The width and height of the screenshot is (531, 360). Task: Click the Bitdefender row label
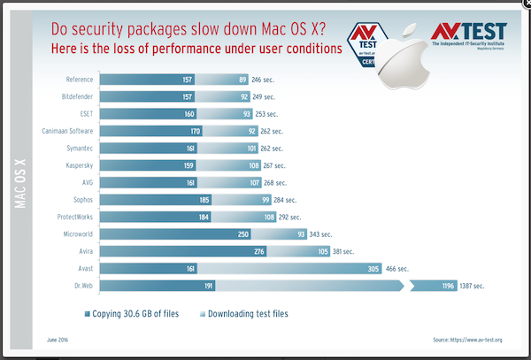click(75, 96)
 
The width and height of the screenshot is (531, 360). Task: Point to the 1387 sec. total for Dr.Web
click(468, 285)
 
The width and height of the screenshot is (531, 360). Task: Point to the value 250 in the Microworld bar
click(242, 234)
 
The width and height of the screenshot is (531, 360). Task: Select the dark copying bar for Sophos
click(149, 199)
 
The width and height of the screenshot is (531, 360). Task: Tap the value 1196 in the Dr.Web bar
click(447, 285)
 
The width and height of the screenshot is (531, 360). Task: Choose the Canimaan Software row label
click(64, 130)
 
